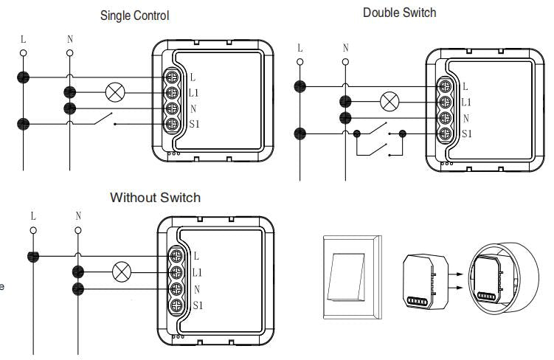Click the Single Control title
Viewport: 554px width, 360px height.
134,15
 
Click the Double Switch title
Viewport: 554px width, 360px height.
399,13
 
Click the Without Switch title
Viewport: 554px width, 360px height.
155,198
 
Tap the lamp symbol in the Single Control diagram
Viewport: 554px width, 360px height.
115,92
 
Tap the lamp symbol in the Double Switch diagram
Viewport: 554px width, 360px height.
389,102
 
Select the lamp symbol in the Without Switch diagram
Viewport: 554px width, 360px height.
120,271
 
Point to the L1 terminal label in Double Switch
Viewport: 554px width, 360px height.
465,103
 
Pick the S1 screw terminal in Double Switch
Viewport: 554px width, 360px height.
446,134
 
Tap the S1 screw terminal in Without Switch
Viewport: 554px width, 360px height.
177,305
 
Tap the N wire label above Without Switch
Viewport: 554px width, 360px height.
78,216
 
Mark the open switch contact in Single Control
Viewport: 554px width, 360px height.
103,119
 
